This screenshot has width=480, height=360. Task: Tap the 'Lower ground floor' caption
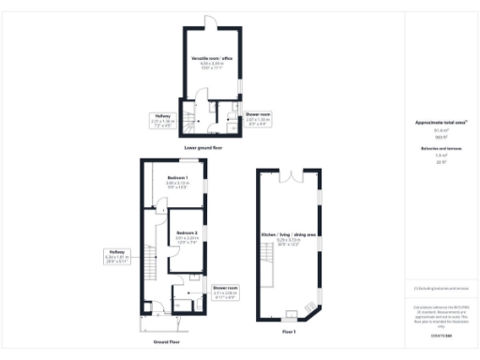pos(203,148)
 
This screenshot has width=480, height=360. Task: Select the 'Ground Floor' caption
pos(167,342)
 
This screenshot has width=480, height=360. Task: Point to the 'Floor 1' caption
pos(289,333)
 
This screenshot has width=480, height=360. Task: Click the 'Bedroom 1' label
pos(178,177)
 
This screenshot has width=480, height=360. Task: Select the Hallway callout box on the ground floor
pos(116,255)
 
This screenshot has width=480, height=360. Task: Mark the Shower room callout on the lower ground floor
pos(257,119)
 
